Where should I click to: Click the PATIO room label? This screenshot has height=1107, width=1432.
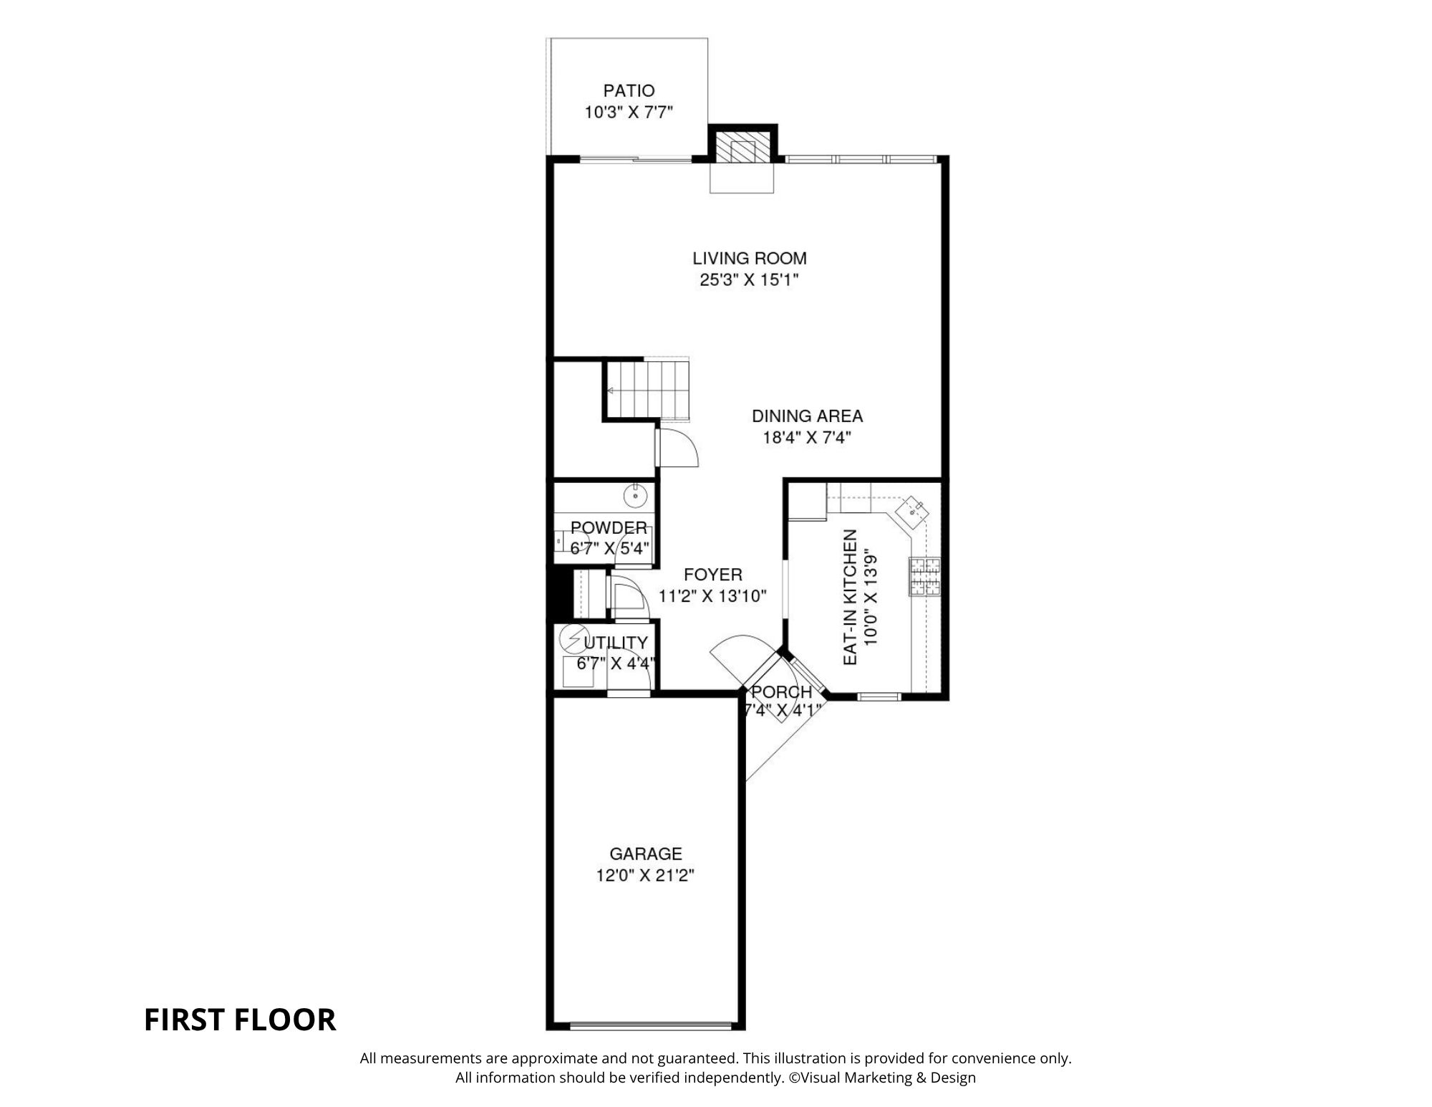629,91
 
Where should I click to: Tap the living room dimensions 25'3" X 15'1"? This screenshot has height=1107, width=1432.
749,280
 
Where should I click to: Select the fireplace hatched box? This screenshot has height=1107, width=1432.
742,149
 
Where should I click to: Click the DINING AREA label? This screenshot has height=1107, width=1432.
807,416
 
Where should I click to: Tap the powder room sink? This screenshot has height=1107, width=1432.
635,494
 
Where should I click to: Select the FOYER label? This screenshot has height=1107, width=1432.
712,575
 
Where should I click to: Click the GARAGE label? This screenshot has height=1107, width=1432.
646,853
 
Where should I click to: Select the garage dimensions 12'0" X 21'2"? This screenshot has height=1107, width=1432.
646,876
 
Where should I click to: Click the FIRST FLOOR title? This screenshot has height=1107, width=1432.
240,1020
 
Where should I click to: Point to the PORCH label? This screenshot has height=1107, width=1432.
781,692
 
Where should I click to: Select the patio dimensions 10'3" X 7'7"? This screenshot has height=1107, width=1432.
629,113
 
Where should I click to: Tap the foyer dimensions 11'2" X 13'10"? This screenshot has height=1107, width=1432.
712,596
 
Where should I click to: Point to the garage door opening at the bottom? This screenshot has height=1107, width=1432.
651,1026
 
